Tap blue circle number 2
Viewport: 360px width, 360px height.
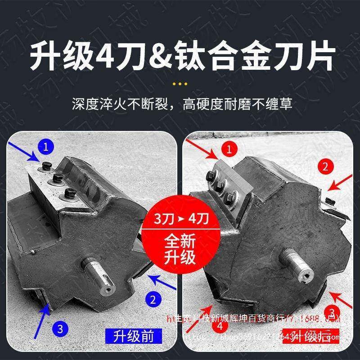tap(153, 298)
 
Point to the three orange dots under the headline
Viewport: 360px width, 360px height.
tap(180, 84)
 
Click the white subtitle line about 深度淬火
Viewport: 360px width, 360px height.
tap(180, 104)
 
